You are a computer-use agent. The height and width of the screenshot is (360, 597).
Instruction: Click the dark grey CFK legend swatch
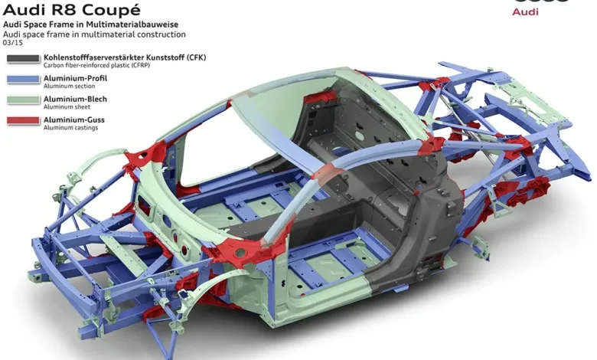(23, 59)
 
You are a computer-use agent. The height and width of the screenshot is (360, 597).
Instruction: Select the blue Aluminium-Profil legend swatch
(23, 79)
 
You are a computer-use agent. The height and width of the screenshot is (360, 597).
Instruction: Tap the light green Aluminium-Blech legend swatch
(23, 100)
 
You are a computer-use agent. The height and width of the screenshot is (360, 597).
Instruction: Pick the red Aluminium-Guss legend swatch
(23, 120)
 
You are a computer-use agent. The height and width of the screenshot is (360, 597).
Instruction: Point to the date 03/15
(12, 43)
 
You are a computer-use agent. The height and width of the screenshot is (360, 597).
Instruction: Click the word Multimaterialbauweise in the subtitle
(132, 25)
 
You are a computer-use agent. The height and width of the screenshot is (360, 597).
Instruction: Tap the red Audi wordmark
(525, 11)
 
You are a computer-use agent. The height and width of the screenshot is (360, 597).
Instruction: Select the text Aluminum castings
(71, 128)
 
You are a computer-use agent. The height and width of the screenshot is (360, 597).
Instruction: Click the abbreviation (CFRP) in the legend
(141, 65)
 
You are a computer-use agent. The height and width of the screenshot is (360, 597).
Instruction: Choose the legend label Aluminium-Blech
(75, 99)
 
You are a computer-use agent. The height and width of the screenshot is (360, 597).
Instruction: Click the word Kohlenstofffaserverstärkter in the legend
(94, 57)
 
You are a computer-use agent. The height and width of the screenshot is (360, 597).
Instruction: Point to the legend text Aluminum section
(70, 86)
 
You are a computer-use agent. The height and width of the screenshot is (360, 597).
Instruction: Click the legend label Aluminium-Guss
(74, 119)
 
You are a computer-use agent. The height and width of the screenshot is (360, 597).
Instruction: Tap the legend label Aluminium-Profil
(75, 78)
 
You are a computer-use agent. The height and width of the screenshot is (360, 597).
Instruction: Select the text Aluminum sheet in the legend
(67, 107)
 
